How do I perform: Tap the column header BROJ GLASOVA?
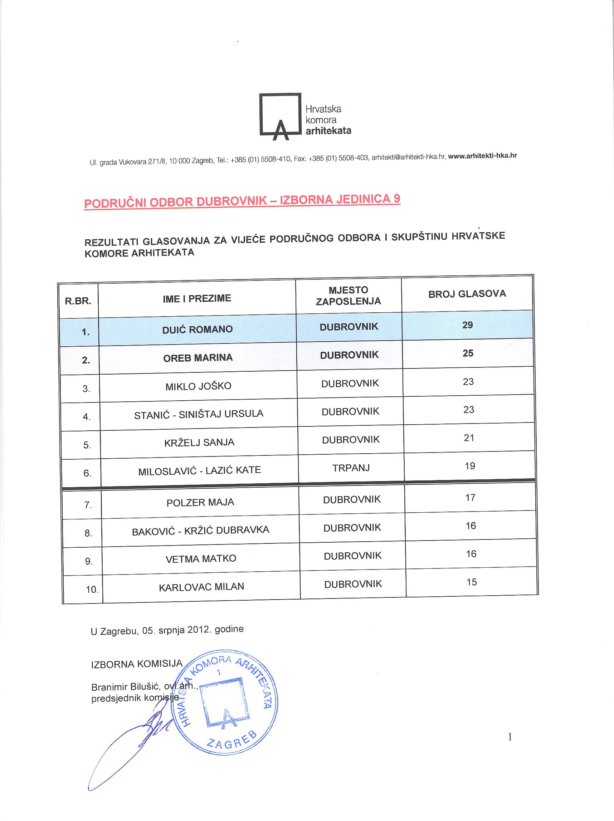467,294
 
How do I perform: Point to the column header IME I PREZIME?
197,299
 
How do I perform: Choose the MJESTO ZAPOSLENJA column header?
348,295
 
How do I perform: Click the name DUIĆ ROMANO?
198,329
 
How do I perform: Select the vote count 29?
467,325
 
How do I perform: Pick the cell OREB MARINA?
198,358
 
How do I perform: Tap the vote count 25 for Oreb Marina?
468,353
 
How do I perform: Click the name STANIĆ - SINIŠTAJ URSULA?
199,414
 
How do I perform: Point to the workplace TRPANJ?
351,468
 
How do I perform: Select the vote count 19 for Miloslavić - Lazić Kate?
469,466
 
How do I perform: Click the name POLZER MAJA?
200,503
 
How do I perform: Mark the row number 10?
92,589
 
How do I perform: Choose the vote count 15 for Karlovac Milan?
472,582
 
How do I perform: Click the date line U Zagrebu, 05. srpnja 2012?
167,630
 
